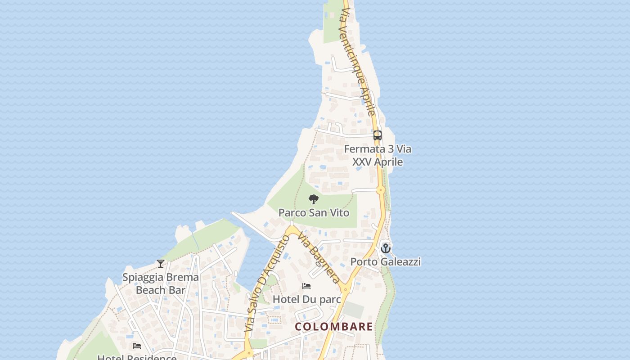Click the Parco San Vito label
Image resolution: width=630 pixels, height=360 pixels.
coord(314,212)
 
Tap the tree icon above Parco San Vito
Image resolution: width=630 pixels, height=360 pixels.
coord(314,199)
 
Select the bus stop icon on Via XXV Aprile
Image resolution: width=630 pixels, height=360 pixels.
coord(378,135)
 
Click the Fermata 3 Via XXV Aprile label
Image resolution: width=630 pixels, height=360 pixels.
coord(378,155)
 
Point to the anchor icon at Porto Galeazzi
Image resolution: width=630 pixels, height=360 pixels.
coord(385,248)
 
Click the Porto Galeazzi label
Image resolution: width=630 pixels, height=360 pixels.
coord(386,261)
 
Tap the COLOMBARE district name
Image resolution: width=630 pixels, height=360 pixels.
coord(334,326)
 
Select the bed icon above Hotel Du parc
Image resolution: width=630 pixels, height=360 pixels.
coord(306,286)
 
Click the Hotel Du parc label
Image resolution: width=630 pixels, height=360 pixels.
coord(307,299)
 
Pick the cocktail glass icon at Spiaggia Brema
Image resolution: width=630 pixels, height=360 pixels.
coord(161,263)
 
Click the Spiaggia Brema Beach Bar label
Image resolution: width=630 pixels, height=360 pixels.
coord(161,283)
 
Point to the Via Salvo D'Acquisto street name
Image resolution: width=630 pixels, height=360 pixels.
coord(267,283)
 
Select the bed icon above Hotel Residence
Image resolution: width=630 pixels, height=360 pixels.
coord(137,346)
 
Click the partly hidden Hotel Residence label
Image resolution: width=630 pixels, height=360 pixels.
coord(137,357)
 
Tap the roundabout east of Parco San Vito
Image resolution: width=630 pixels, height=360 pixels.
coord(381,190)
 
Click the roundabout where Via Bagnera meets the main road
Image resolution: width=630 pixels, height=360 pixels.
coord(345,290)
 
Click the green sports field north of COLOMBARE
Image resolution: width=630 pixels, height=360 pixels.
coord(353,310)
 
